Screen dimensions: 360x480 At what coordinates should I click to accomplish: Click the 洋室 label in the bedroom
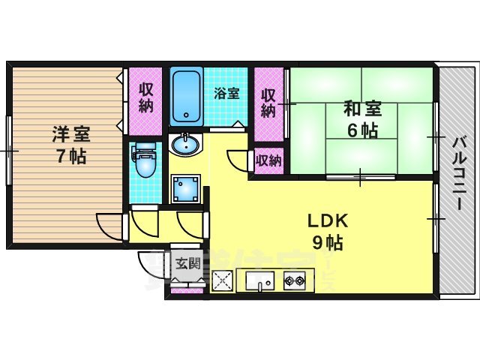(70, 135)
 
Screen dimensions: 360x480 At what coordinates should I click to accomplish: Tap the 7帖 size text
(70, 157)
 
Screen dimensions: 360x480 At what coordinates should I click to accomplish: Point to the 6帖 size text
(361, 130)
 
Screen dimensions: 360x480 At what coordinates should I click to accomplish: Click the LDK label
(326, 221)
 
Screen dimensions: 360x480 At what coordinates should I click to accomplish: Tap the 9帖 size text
(326, 243)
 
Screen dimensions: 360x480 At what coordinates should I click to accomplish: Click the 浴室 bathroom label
(226, 94)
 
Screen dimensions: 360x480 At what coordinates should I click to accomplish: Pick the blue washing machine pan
(184, 190)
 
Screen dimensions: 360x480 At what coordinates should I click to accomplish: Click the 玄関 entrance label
(187, 263)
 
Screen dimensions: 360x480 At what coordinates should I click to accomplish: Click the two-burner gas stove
(294, 281)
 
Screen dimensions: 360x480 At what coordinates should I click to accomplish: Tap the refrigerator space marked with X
(223, 281)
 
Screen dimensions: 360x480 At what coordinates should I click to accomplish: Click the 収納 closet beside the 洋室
(145, 97)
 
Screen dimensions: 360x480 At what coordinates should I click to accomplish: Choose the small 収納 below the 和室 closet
(268, 159)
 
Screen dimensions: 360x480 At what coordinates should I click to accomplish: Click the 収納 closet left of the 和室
(268, 103)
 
